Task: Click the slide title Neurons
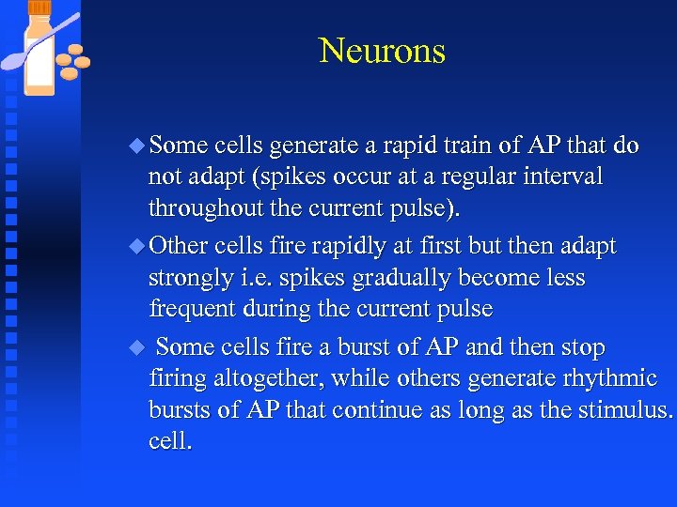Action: click(382, 51)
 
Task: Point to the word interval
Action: click(567, 177)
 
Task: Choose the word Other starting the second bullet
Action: click(179, 247)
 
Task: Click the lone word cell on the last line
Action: click(169, 441)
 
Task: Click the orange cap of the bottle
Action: click(39, 8)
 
